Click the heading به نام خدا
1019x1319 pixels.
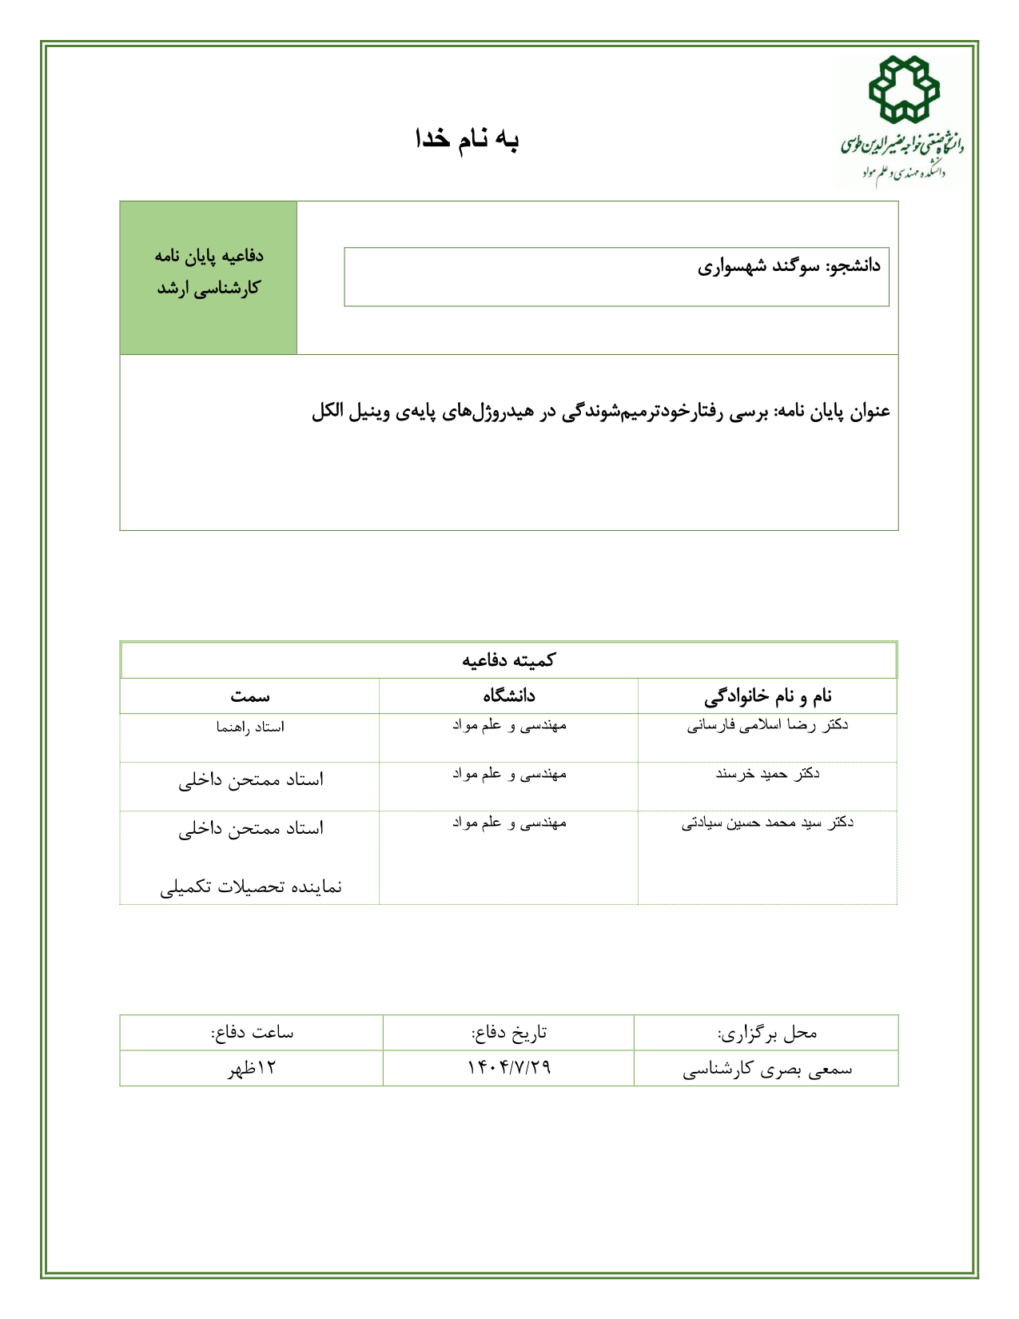coord(468,139)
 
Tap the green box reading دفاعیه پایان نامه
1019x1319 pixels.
coord(209,272)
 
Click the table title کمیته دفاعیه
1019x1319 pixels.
coord(508,660)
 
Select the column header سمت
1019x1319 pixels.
coord(250,696)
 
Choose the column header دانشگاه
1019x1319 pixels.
coord(508,696)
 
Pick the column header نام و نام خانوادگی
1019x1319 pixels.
coord(767,696)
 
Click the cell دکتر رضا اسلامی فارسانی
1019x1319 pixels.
coord(767,726)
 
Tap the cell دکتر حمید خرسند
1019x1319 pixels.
coord(767,774)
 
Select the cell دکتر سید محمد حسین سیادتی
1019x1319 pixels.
coord(767,823)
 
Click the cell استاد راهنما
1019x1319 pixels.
coord(250,727)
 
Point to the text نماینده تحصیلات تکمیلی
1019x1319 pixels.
coord(251,887)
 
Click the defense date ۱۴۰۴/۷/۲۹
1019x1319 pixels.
coord(509,1068)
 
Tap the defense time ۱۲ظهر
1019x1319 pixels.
coord(252,1068)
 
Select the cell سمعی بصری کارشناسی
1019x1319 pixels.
coord(767,1069)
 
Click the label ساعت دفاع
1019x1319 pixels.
coord(252,1033)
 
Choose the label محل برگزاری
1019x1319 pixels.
coord(767,1033)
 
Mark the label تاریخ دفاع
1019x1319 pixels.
coord(509,1033)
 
